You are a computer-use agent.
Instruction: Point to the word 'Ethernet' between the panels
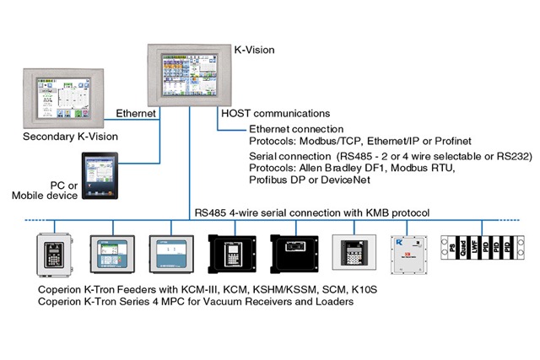pos(136,111)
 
